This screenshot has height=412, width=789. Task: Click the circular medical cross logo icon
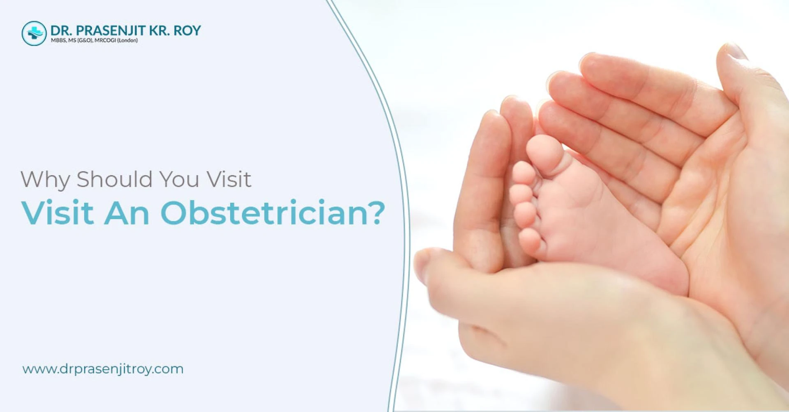point(34,33)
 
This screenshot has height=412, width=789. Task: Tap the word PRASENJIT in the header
point(110,30)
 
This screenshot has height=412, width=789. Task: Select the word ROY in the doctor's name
point(187,30)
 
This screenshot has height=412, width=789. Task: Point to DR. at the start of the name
point(61,30)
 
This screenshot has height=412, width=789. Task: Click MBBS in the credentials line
point(57,41)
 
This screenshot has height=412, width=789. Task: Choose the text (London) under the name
point(127,41)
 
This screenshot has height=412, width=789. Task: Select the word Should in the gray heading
point(115,179)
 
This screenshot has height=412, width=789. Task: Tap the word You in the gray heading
point(179,179)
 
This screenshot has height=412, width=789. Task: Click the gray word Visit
point(229,179)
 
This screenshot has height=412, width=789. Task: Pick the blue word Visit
point(58,212)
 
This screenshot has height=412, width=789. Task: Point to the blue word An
point(127,213)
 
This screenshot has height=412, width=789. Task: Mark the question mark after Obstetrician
point(375,212)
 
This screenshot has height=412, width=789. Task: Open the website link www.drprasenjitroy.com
point(103,369)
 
